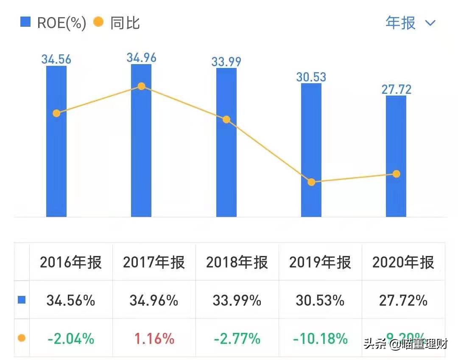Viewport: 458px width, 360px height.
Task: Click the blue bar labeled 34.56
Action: tap(56, 161)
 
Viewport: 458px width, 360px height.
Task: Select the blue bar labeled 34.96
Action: tap(141, 161)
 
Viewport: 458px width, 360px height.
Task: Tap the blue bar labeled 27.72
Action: tap(396, 170)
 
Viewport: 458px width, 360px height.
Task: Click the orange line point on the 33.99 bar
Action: tap(226, 120)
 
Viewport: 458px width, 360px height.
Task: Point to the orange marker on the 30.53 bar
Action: tap(311, 182)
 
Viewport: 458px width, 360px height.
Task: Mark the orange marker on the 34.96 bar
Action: tap(141, 87)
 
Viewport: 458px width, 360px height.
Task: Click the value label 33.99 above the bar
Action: tap(226, 61)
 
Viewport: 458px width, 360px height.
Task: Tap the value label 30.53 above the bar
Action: tap(311, 77)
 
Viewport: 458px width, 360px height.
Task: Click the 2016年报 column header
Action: tap(71, 263)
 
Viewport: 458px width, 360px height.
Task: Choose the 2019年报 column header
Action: tap(320, 263)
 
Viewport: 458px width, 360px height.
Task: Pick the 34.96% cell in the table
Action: tap(154, 301)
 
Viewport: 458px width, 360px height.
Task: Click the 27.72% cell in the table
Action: tap(403, 301)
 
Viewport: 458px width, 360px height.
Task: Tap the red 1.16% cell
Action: tap(154, 338)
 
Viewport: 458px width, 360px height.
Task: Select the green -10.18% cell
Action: tap(320, 338)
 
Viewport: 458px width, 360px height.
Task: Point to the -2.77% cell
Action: tap(237, 338)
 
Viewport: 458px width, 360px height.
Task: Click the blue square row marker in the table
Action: tap(22, 300)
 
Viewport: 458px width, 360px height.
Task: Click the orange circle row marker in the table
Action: tap(22, 338)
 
